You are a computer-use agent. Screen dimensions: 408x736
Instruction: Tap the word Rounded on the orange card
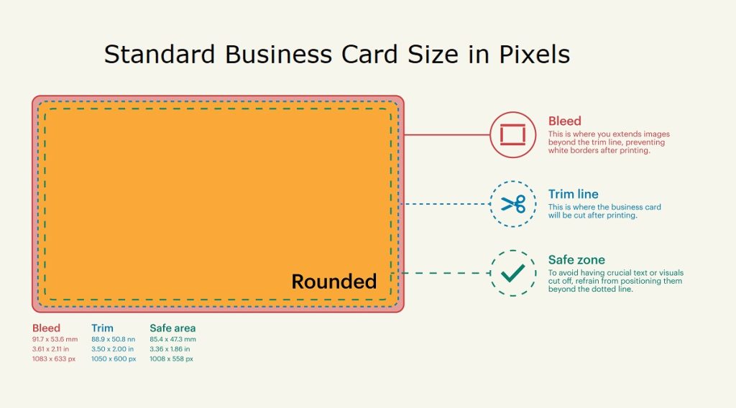tap(333, 282)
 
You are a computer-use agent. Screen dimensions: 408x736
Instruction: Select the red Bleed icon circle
tap(513, 134)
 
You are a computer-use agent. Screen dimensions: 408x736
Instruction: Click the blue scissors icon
tap(513, 204)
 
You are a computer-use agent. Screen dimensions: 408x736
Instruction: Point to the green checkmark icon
tap(513, 273)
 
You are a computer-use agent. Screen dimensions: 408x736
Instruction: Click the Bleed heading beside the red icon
tap(564, 121)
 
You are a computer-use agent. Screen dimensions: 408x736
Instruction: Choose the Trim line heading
tap(573, 194)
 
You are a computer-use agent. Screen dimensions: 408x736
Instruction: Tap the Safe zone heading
tap(576, 260)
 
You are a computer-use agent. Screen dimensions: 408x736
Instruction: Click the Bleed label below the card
tap(46, 328)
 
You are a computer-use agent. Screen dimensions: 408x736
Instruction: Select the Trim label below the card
tap(102, 328)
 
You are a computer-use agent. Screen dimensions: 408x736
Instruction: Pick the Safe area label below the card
tap(172, 328)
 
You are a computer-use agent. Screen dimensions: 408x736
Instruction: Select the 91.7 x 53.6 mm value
tap(55, 339)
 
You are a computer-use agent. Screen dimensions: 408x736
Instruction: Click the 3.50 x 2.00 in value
tap(113, 349)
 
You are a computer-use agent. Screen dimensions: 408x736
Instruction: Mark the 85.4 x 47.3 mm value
tap(172, 339)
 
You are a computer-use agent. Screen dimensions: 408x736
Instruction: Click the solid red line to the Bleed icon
tap(446, 134)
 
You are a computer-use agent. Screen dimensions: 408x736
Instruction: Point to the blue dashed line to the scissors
tap(446, 204)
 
